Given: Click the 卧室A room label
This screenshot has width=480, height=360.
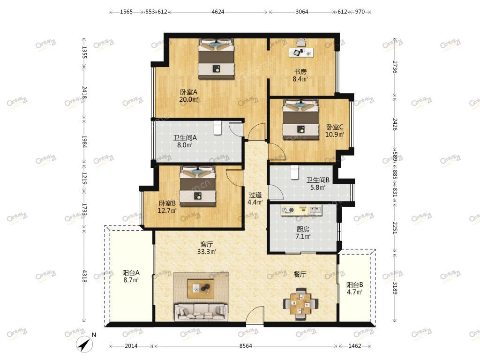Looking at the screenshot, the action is point(188,92).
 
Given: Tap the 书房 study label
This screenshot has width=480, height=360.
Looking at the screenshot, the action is point(300,72).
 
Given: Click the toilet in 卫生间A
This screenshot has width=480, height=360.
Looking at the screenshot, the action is point(217,127).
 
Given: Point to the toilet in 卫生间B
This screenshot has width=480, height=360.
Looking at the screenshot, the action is point(294,172).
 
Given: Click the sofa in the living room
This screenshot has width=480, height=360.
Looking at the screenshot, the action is point(201,312).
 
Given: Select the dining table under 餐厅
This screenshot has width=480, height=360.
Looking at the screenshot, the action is point(300,304).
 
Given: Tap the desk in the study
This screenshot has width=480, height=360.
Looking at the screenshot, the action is point(301,52).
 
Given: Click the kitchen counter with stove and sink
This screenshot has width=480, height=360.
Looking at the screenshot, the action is point(301,210).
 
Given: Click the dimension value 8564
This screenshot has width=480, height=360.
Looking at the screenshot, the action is point(246,346).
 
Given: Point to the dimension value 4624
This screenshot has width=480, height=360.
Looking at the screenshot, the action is point(217,12).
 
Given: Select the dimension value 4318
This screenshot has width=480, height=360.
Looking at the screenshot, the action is point(85,276).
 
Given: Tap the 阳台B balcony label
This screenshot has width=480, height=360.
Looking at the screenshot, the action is point(354,285).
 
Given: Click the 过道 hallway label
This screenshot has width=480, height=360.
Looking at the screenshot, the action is point(255,195).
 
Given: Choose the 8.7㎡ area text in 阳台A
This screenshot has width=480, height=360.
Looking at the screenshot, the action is point(131,280).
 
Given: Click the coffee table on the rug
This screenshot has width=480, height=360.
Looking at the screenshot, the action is point(201,288).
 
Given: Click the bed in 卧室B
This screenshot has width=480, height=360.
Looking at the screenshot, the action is point(198,186).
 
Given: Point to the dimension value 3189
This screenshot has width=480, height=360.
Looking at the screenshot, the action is point(395,288).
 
